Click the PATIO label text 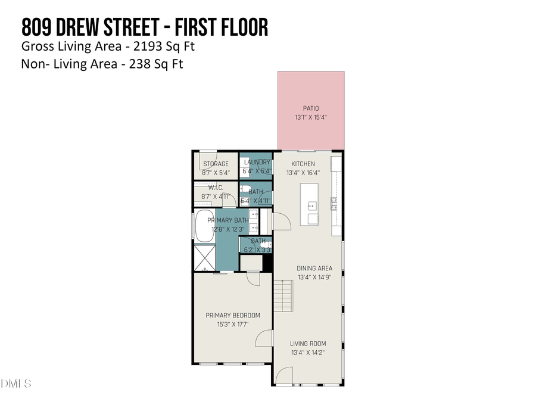311,108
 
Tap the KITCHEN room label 303,164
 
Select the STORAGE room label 216,164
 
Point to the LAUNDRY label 257,162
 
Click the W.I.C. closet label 216,187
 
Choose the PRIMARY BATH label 226,220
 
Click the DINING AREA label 315,269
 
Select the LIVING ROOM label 308,344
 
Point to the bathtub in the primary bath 205,227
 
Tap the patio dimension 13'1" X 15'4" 311,117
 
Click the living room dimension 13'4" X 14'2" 308,353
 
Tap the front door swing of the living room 284,376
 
